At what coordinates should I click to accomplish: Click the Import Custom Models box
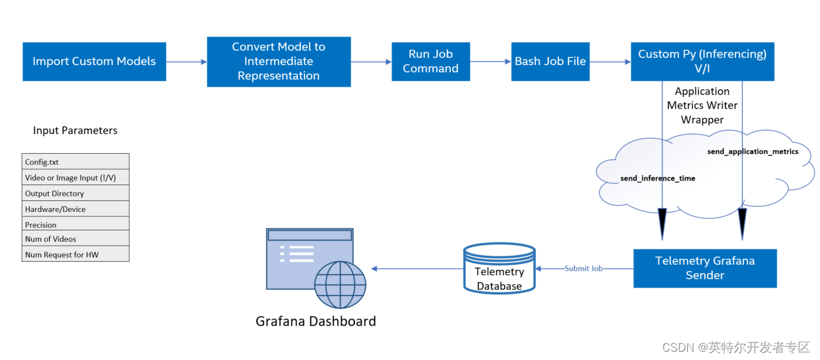94,61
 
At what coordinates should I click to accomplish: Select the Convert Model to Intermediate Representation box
278,61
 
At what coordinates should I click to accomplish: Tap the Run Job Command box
430,61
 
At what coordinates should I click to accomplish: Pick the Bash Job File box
550,61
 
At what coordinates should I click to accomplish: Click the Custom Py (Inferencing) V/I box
702,61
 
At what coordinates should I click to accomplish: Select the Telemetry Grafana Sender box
704,268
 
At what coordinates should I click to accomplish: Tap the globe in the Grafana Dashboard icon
340,285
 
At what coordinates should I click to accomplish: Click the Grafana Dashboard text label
315,321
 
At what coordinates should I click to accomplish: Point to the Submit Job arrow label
583,269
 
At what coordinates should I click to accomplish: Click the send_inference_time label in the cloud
657,178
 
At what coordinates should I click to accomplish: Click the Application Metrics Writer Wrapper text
702,105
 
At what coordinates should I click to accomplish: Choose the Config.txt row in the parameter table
75,161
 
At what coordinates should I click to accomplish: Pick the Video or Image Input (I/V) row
75,177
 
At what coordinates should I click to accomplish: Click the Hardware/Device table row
75,209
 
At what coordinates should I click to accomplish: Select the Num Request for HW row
75,254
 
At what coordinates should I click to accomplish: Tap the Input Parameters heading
75,130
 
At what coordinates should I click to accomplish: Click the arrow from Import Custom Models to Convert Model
186,62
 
